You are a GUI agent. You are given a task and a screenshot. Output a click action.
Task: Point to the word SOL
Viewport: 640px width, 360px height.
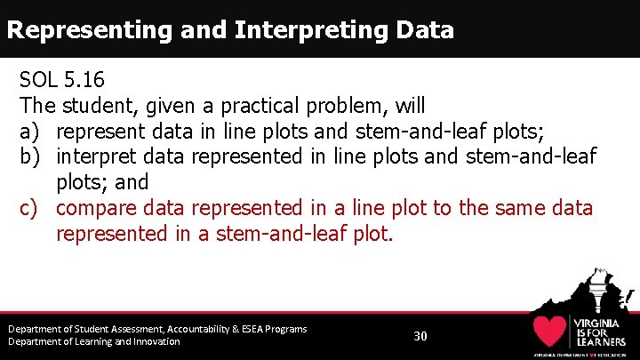click(38, 81)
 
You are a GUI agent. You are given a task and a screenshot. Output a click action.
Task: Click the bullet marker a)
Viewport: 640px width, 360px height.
click(30, 132)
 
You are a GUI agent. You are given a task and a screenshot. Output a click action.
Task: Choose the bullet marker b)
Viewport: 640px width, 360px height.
click(30, 157)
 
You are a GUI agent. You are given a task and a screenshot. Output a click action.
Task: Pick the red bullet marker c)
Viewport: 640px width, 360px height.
click(30, 208)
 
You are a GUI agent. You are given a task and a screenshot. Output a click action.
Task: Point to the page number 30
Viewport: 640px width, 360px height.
click(420, 336)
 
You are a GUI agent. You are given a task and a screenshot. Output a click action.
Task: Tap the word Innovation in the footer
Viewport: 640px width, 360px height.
click(153, 341)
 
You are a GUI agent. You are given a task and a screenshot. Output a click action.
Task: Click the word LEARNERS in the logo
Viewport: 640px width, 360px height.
click(602, 341)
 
